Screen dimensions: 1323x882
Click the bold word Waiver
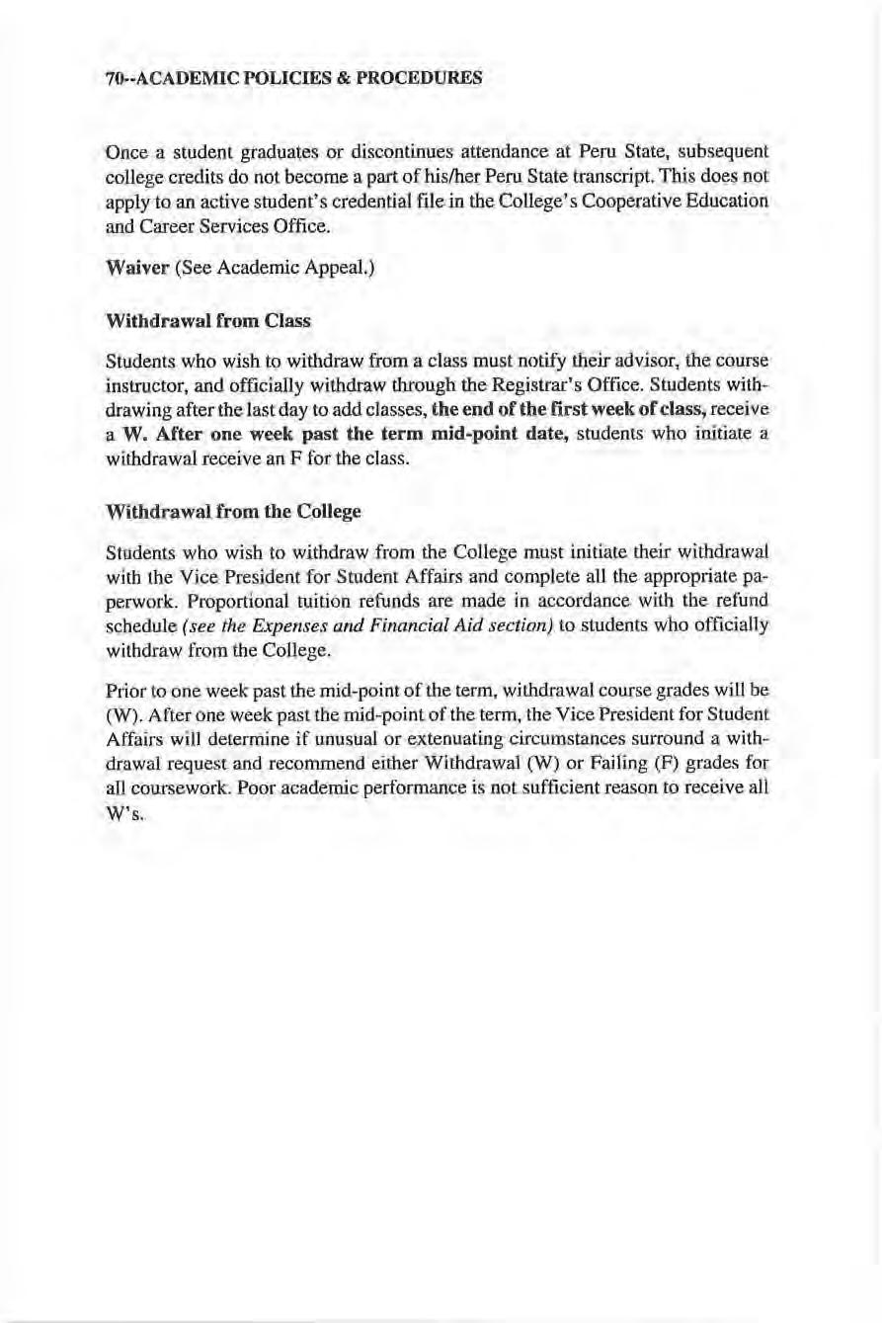coord(137,268)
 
